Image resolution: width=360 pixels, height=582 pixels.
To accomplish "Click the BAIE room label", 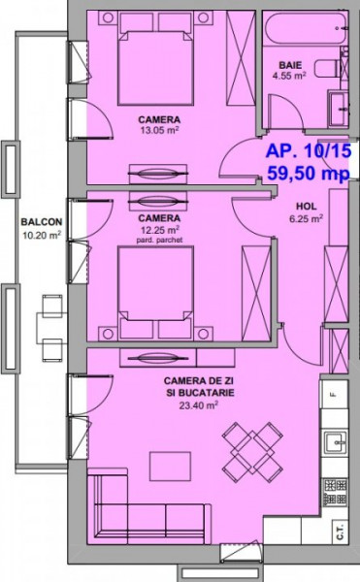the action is [290, 65].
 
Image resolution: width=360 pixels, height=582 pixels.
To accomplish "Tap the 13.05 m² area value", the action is [160, 130].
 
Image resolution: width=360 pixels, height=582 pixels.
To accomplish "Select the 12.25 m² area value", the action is [160, 230].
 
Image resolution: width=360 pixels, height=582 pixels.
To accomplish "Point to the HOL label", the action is [307, 206].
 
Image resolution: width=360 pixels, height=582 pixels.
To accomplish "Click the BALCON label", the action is [42, 222].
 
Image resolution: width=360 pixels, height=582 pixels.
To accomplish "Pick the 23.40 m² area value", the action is [198, 405].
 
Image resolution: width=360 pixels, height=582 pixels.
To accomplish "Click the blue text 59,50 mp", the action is [309, 173].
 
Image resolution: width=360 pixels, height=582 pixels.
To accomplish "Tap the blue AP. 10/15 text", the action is [309, 151].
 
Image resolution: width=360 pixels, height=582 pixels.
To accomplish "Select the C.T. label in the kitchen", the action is [340, 532].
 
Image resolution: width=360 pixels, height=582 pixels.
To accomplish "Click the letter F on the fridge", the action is [333, 395].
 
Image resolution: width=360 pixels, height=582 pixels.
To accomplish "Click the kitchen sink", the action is [336, 442].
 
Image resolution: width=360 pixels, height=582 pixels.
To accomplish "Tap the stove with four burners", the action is [335, 492].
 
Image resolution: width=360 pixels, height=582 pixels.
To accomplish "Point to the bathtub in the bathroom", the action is [306, 28].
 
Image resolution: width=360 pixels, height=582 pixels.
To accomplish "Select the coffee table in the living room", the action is [171, 467].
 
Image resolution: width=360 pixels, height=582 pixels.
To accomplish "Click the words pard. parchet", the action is [159, 241].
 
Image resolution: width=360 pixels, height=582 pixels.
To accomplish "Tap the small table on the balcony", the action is [51, 328].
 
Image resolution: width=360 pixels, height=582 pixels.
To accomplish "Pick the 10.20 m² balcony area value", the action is [42, 235].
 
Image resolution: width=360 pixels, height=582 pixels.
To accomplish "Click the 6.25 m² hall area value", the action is [307, 218].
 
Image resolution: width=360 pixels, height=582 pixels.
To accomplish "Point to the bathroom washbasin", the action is [339, 109].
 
